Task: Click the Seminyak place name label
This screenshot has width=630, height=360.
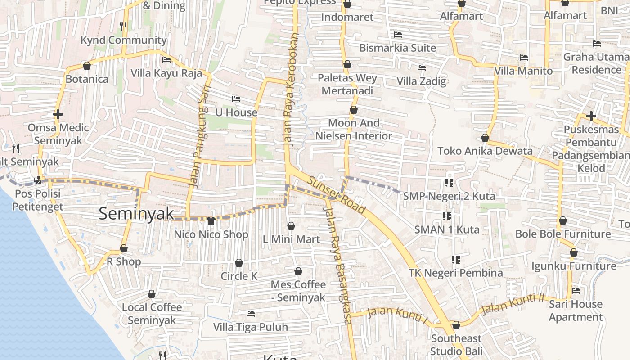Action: [136, 214]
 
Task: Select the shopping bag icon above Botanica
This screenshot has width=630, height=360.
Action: [87, 66]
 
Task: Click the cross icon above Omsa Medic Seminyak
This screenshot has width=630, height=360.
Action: [58, 114]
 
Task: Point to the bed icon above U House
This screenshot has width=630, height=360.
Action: [236, 99]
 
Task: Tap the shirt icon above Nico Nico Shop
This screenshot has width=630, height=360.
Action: [211, 220]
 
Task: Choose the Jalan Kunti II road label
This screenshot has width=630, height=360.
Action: [513, 305]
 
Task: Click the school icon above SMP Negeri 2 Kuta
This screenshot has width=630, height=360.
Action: [449, 182]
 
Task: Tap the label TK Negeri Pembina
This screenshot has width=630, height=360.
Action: [455, 273]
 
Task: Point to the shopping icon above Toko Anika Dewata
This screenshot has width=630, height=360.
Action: [485, 137]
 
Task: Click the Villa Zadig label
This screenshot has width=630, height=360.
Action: [421, 81]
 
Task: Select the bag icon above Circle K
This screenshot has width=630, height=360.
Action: [239, 262]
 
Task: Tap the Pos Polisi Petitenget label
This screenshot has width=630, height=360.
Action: [37, 200]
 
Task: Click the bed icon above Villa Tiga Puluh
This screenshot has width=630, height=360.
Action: [251, 313]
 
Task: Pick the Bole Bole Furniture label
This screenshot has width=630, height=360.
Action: [562, 234]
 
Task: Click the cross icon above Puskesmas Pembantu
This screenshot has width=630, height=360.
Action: [591, 116]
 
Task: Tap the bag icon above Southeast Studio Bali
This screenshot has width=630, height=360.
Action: [456, 325]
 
